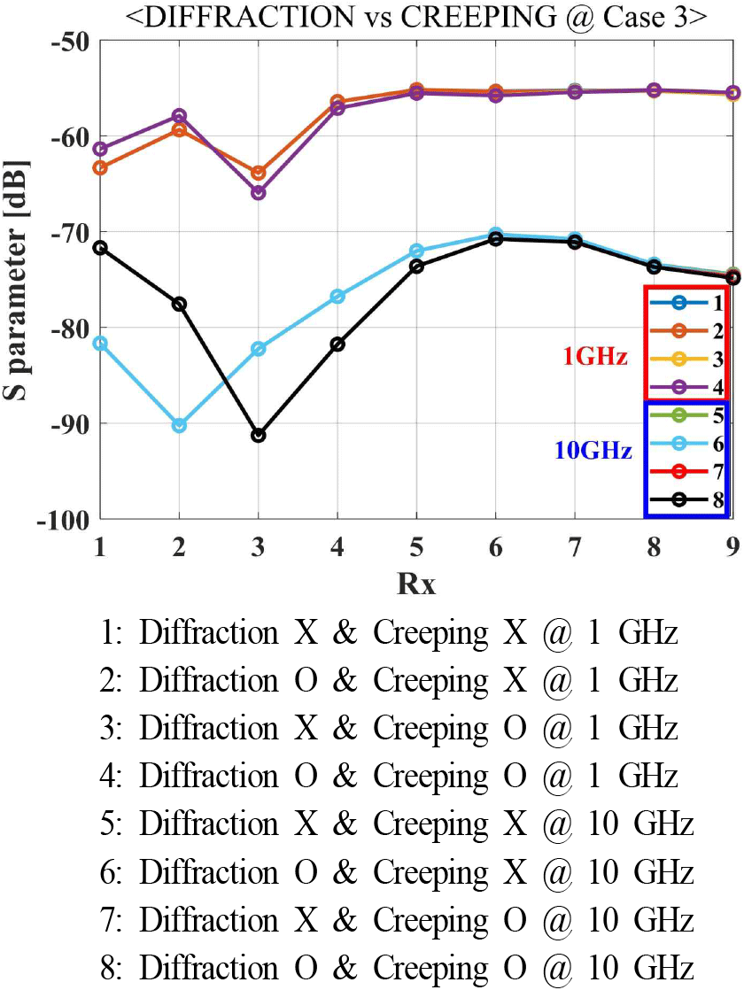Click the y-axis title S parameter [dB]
click(19, 279)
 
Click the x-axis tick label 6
click(495, 547)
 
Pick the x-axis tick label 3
click(258, 547)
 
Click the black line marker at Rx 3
click(258, 436)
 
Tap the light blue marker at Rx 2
click(179, 425)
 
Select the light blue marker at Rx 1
click(100, 343)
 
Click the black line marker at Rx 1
click(100, 247)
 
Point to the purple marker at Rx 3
click(258, 192)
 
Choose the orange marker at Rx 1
click(100, 167)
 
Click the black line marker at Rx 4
click(337, 344)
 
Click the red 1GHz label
click(595, 358)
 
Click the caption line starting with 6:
click(396, 872)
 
